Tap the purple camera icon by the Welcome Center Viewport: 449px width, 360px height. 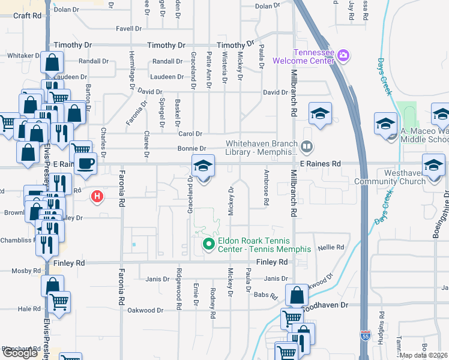[343, 56]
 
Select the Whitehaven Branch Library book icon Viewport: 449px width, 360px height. [307, 146]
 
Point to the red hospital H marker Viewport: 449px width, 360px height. [96, 196]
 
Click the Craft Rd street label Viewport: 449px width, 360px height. [27, 16]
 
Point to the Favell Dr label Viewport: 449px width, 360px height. [128, 28]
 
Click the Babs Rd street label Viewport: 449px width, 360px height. [266, 296]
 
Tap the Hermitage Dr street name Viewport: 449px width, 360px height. [132, 70]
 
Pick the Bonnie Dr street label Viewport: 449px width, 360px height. [191, 149]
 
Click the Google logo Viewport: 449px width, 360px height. [20, 353]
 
